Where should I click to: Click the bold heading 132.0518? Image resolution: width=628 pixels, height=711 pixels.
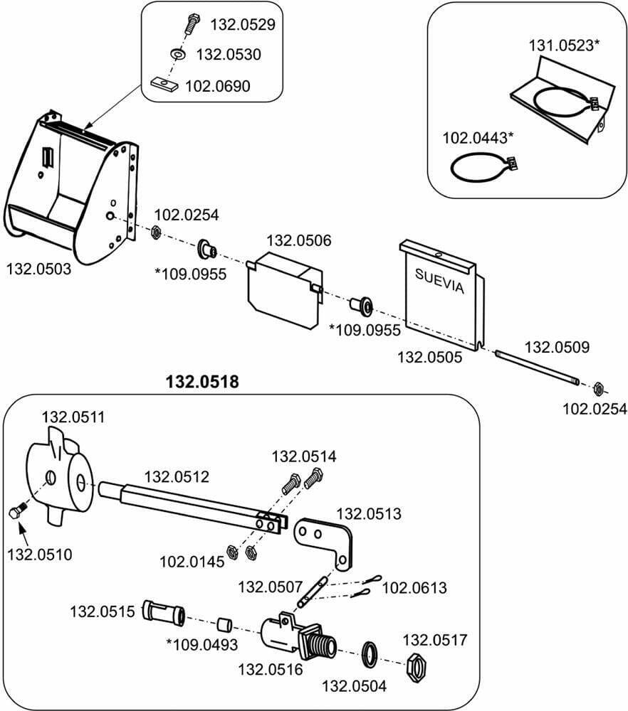[x=202, y=383]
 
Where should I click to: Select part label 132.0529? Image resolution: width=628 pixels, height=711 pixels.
[x=243, y=25]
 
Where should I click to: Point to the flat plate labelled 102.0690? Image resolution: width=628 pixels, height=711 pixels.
[x=165, y=86]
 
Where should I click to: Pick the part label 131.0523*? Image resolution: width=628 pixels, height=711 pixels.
[x=564, y=46]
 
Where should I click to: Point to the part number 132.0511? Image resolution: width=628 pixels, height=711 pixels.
[x=74, y=417]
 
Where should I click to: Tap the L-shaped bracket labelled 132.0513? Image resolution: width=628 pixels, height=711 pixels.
[x=325, y=538]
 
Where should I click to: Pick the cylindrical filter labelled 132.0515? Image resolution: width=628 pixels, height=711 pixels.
[x=164, y=611]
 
